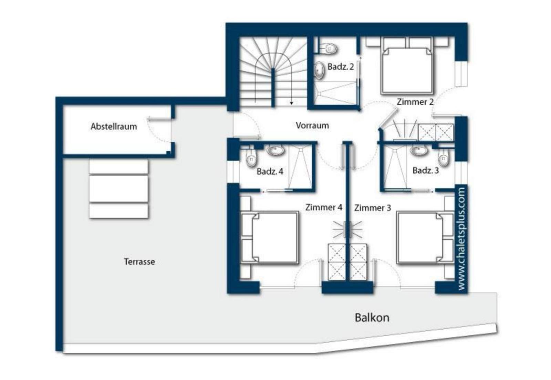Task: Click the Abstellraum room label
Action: click(114, 127)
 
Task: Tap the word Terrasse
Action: click(139, 261)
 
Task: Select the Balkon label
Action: click(372, 318)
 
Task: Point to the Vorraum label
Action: click(312, 126)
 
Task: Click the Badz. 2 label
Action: click(341, 67)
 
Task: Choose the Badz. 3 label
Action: click(426, 170)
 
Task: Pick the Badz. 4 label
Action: click(270, 171)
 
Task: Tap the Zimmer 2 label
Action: click(415, 102)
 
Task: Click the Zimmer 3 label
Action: click(372, 208)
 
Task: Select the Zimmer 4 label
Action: click(324, 207)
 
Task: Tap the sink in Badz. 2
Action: click(319, 70)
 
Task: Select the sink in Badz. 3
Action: click(419, 150)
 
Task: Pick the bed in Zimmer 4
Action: click(270, 238)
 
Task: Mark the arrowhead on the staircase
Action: click(291, 103)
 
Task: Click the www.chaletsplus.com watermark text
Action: click(461, 239)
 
